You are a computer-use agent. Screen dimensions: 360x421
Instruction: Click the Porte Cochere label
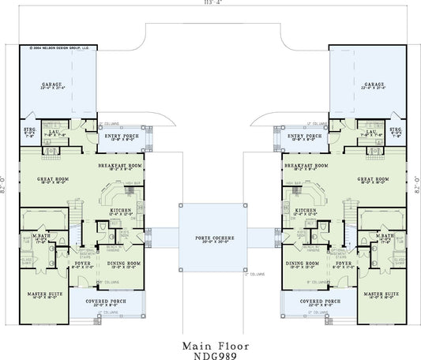[209, 236]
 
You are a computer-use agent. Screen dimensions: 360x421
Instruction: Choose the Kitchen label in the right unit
[304, 212]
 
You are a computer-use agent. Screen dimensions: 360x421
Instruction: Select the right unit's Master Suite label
[379, 294]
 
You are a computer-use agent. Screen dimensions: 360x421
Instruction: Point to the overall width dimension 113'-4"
[209, 4]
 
